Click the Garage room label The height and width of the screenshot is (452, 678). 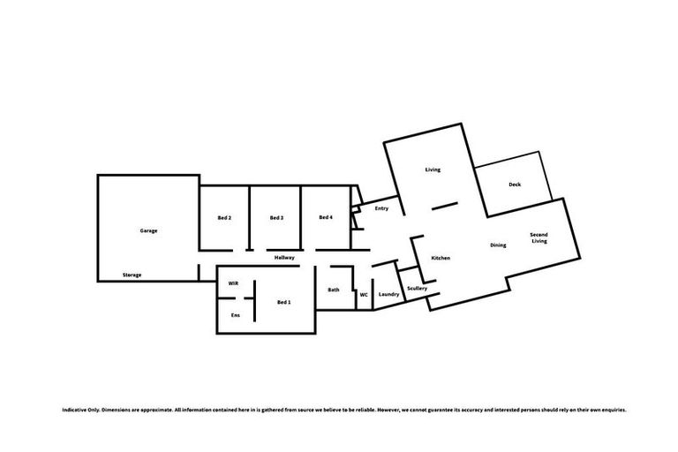[148, 230]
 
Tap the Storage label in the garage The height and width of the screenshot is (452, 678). [132, 275]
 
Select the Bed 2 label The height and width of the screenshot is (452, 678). [224, 217]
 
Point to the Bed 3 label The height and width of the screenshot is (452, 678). [276, 217]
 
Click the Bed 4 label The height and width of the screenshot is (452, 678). [325, 217]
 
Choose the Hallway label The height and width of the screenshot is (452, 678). [284, 257]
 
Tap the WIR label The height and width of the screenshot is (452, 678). [233, 283]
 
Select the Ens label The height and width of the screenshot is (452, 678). [235, 315]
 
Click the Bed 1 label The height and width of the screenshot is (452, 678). [284, 303]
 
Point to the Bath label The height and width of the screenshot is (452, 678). [334, 290]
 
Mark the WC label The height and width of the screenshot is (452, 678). [363, 295]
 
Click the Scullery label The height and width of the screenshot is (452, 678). [418, 288]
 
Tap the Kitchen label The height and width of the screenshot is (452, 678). [441, 258]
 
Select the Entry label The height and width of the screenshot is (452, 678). [381, 208]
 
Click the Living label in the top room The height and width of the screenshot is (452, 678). [433, 169]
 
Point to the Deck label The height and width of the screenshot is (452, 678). [515, 185]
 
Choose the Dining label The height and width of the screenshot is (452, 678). [498, 245]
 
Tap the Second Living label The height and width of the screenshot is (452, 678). [539, 237]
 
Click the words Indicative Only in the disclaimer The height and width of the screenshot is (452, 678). [80, 411]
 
